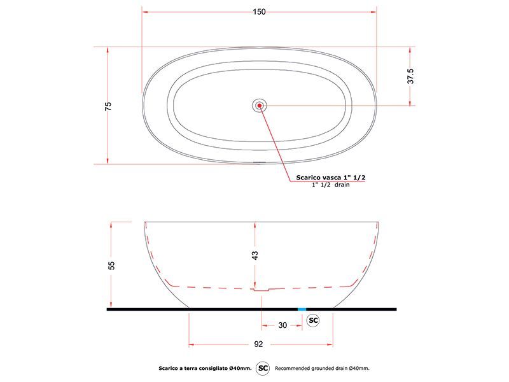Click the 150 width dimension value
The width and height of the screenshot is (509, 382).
tap(259, 11)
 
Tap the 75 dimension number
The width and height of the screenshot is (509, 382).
tap(108, 106)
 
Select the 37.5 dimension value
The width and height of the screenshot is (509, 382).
tap(410, 76)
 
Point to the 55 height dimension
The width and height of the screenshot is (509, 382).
tap(111, 265)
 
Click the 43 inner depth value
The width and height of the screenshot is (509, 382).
tap(255, 255)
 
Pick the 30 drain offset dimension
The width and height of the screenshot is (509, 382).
tap(282, 325)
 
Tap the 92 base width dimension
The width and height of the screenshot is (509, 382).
tap(258, 344)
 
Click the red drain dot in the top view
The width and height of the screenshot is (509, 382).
tap(260, 105)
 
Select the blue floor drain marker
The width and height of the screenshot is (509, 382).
tap(302, 309)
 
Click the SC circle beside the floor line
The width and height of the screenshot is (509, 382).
tap(313, 321)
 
